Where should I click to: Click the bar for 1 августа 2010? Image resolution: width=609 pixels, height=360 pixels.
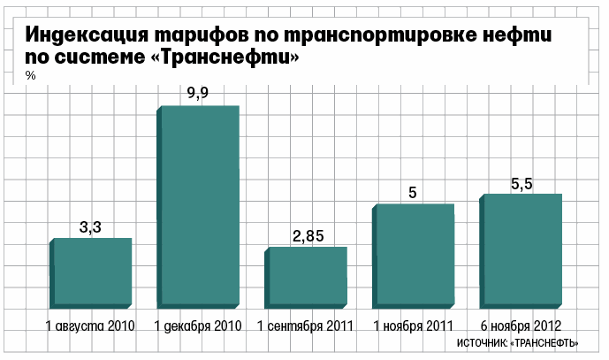tap(92, 272)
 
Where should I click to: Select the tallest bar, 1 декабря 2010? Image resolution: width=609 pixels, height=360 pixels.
tap(200, 206)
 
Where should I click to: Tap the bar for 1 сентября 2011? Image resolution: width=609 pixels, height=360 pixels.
tap(308, 277)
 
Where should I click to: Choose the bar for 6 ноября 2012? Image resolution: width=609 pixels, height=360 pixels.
tap(521, 250)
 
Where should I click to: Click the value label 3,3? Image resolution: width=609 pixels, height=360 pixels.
tap(91, 227)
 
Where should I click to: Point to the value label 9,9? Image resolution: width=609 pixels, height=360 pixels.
tap(198, 93)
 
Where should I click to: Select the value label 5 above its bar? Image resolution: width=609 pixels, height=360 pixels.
tap(413, 192)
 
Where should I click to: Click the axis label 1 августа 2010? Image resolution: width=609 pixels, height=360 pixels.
tap(89, 326)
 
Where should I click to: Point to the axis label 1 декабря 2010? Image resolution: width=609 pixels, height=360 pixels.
tap(198, 326)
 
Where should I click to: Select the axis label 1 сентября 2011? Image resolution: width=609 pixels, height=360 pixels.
tap(306, 326)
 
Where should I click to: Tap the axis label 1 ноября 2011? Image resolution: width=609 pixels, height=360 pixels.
tap(413, 326)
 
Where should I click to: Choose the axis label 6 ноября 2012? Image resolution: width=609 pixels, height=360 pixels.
tap(521, 326)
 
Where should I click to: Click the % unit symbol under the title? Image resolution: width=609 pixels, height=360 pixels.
tap(30, 77)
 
